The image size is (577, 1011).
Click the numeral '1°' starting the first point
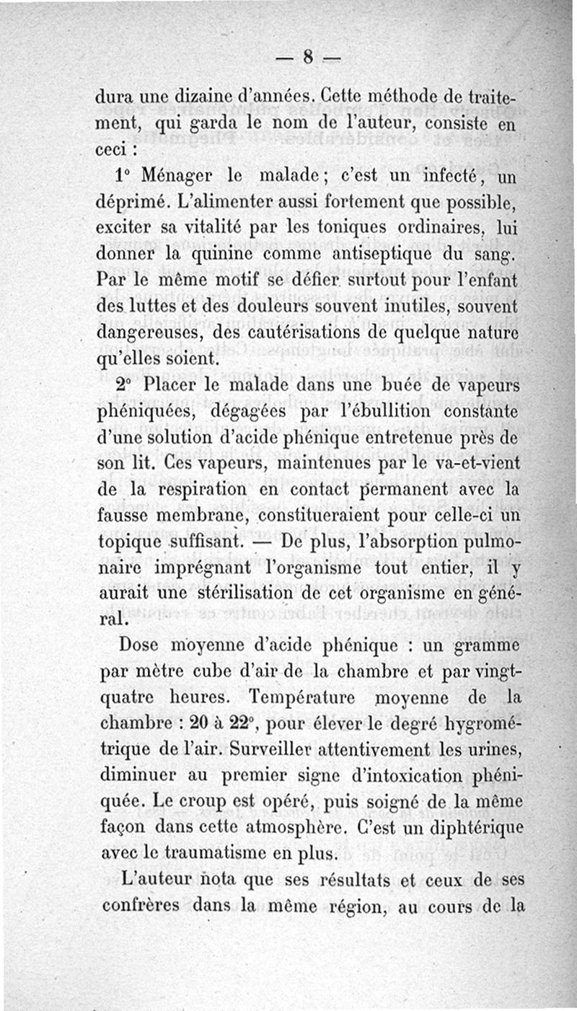click(x=125, y=177)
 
